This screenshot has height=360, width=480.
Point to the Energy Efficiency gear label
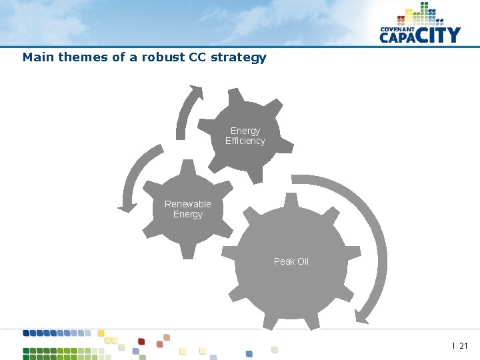coord(245,136)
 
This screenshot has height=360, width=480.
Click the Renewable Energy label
coord(188,209)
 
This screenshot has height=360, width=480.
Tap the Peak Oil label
coord(291,261)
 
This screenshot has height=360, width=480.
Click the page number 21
coord(464,346)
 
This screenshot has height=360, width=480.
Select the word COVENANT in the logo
coord(397,29)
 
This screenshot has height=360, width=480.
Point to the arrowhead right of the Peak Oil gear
coord(363,314)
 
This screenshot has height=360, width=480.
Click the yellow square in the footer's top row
coord(101,333)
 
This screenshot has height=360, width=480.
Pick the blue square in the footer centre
coord(249,353)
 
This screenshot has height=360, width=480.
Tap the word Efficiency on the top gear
coord(245,141)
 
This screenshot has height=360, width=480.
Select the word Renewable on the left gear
coord(188,204)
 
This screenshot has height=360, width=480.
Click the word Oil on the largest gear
coord(302,261)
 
